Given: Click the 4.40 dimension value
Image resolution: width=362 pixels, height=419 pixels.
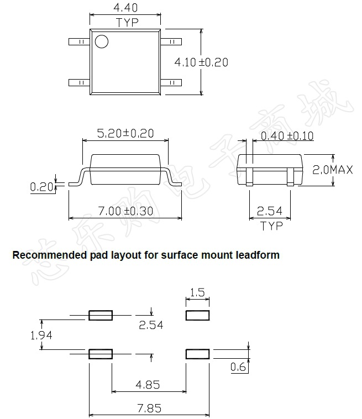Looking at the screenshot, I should click(125, 8).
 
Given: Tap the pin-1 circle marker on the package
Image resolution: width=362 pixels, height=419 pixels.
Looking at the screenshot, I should click(101, 41).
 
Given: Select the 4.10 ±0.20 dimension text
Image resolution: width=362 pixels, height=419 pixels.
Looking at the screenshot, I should click(201, 62).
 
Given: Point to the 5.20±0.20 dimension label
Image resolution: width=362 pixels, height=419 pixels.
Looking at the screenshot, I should click(125, 133).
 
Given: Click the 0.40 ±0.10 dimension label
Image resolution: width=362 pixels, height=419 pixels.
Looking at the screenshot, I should click(287, 136).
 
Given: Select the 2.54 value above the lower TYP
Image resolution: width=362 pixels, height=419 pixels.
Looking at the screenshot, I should click(271, 211).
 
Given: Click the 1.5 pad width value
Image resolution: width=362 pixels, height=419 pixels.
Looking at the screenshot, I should click(197, 292).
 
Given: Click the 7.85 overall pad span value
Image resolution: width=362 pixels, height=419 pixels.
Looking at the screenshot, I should click(149, 408).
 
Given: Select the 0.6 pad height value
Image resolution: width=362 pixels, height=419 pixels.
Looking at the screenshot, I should click(238, 366).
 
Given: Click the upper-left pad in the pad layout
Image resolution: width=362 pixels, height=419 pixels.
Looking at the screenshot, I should click(101, 315).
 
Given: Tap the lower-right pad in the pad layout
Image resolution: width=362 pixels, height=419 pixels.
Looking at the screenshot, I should click(197, 354).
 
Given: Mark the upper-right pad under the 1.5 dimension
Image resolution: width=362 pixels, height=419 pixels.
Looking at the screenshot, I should click(197, 315).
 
